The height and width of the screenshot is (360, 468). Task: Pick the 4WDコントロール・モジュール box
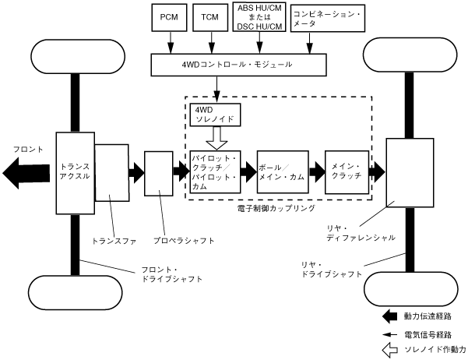coord(237,63)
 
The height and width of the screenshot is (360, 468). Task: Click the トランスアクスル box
coord(75,171)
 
